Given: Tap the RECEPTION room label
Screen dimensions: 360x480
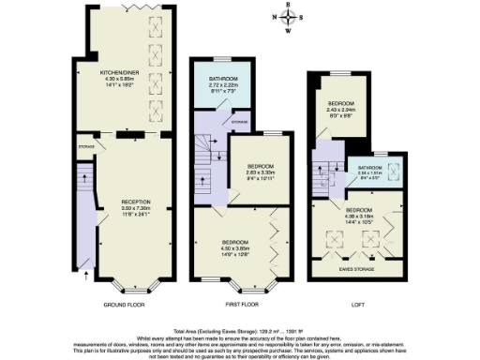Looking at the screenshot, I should click(123, 202).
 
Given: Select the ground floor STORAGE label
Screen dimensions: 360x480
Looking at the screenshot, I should click(87, 146).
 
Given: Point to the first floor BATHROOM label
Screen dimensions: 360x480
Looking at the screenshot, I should click(222, 79).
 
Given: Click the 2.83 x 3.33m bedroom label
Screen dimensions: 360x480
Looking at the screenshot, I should click(248, 163).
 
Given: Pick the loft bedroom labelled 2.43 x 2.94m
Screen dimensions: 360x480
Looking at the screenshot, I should click(341, 103).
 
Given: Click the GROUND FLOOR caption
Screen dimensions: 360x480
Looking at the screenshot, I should click(123, 307).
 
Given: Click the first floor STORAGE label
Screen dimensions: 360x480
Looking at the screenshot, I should click(241, 122).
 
